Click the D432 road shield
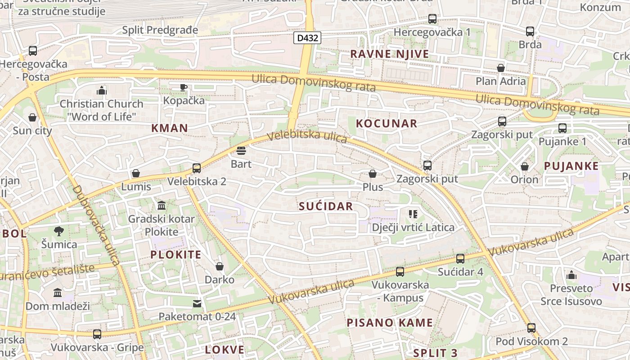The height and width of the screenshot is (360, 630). pyautogui.click(x=308, y=38)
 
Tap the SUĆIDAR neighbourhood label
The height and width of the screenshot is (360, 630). pyautogui.click(x=326, y=206)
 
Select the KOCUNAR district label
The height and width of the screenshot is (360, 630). pyautogui.click(x=387, y=123)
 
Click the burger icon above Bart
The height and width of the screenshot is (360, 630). pyautogui.click(x=241, y=150)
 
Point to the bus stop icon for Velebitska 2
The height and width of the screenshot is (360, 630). pyautogui.click(x=197, y=168)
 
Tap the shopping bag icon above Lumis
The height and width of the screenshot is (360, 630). pyautogui.click(x=136, y=173)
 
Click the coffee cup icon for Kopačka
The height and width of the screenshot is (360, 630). pyautogui.click(x=184, y=87)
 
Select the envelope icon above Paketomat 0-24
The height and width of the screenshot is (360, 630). pyautogui.click(x=197, y=304)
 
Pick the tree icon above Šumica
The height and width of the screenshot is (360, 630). pyautogui.click(x=59, y=231)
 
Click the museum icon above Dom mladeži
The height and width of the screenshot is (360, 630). pyautogui.click(x=58, y=293)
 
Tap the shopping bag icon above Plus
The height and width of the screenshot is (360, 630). pyautogui.click(x=373, y=174)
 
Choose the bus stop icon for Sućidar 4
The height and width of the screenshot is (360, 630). pyautogui.click(x=460, y=259)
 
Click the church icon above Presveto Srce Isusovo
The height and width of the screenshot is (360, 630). pyautogui.click(x=571, y=274)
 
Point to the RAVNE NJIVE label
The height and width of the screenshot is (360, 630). pyautogui.click(x=389, y=54)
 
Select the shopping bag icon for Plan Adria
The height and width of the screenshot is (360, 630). pyautogui.click(x=500, y=68)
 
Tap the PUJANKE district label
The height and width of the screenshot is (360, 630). pyautogui.click(x=571, y=166)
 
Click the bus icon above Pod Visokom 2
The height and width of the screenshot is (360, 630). pyautogui.click(x=531, y=328)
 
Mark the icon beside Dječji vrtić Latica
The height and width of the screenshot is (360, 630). pyautogui.click(x=413, y=214)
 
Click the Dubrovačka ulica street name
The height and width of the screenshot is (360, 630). pyautogui.click(x=96, y=225)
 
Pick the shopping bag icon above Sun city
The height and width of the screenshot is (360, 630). pyautogui.click(x=32, y=118)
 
